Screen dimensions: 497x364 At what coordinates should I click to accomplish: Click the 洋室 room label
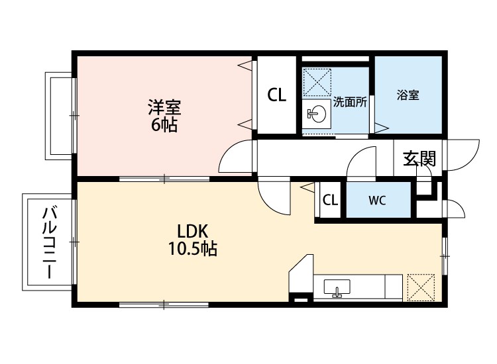coord(164,107)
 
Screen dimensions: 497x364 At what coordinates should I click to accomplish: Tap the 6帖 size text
coord(164,125)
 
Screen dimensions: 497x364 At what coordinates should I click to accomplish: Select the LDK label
coord(192,232)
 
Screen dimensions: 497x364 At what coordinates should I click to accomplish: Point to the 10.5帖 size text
coord(192,248)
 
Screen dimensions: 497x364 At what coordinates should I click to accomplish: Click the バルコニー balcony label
coord(50,242)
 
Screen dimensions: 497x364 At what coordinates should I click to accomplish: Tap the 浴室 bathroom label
coord(408,95)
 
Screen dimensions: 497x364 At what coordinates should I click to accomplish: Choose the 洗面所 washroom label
coord(350,102)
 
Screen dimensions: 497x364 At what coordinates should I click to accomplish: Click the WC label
coord(377,200)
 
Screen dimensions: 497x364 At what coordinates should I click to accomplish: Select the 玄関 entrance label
coord(419,159)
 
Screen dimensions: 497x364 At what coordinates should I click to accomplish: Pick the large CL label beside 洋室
coord(277,95)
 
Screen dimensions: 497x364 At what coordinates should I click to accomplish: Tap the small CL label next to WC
coord(330,200)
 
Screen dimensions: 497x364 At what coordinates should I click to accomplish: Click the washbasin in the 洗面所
coord(316,114)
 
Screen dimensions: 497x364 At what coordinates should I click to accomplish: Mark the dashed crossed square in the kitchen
coord(421,287)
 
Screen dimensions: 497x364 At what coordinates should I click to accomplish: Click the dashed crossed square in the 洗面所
coord(317,82)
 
